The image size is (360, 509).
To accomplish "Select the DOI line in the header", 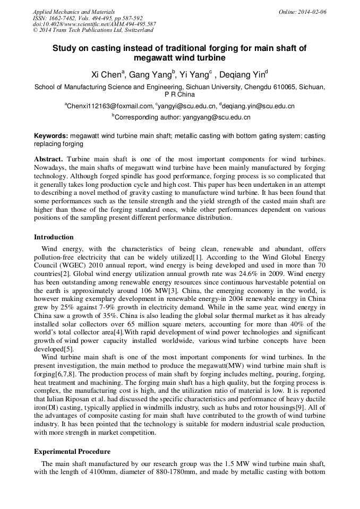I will pos(94,24).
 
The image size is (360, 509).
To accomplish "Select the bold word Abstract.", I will pos(48,159).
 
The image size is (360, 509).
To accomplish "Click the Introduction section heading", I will pos(54,237).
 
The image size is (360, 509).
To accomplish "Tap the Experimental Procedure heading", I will pos(72,452).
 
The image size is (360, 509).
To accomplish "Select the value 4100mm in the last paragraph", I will pos(103,472).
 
